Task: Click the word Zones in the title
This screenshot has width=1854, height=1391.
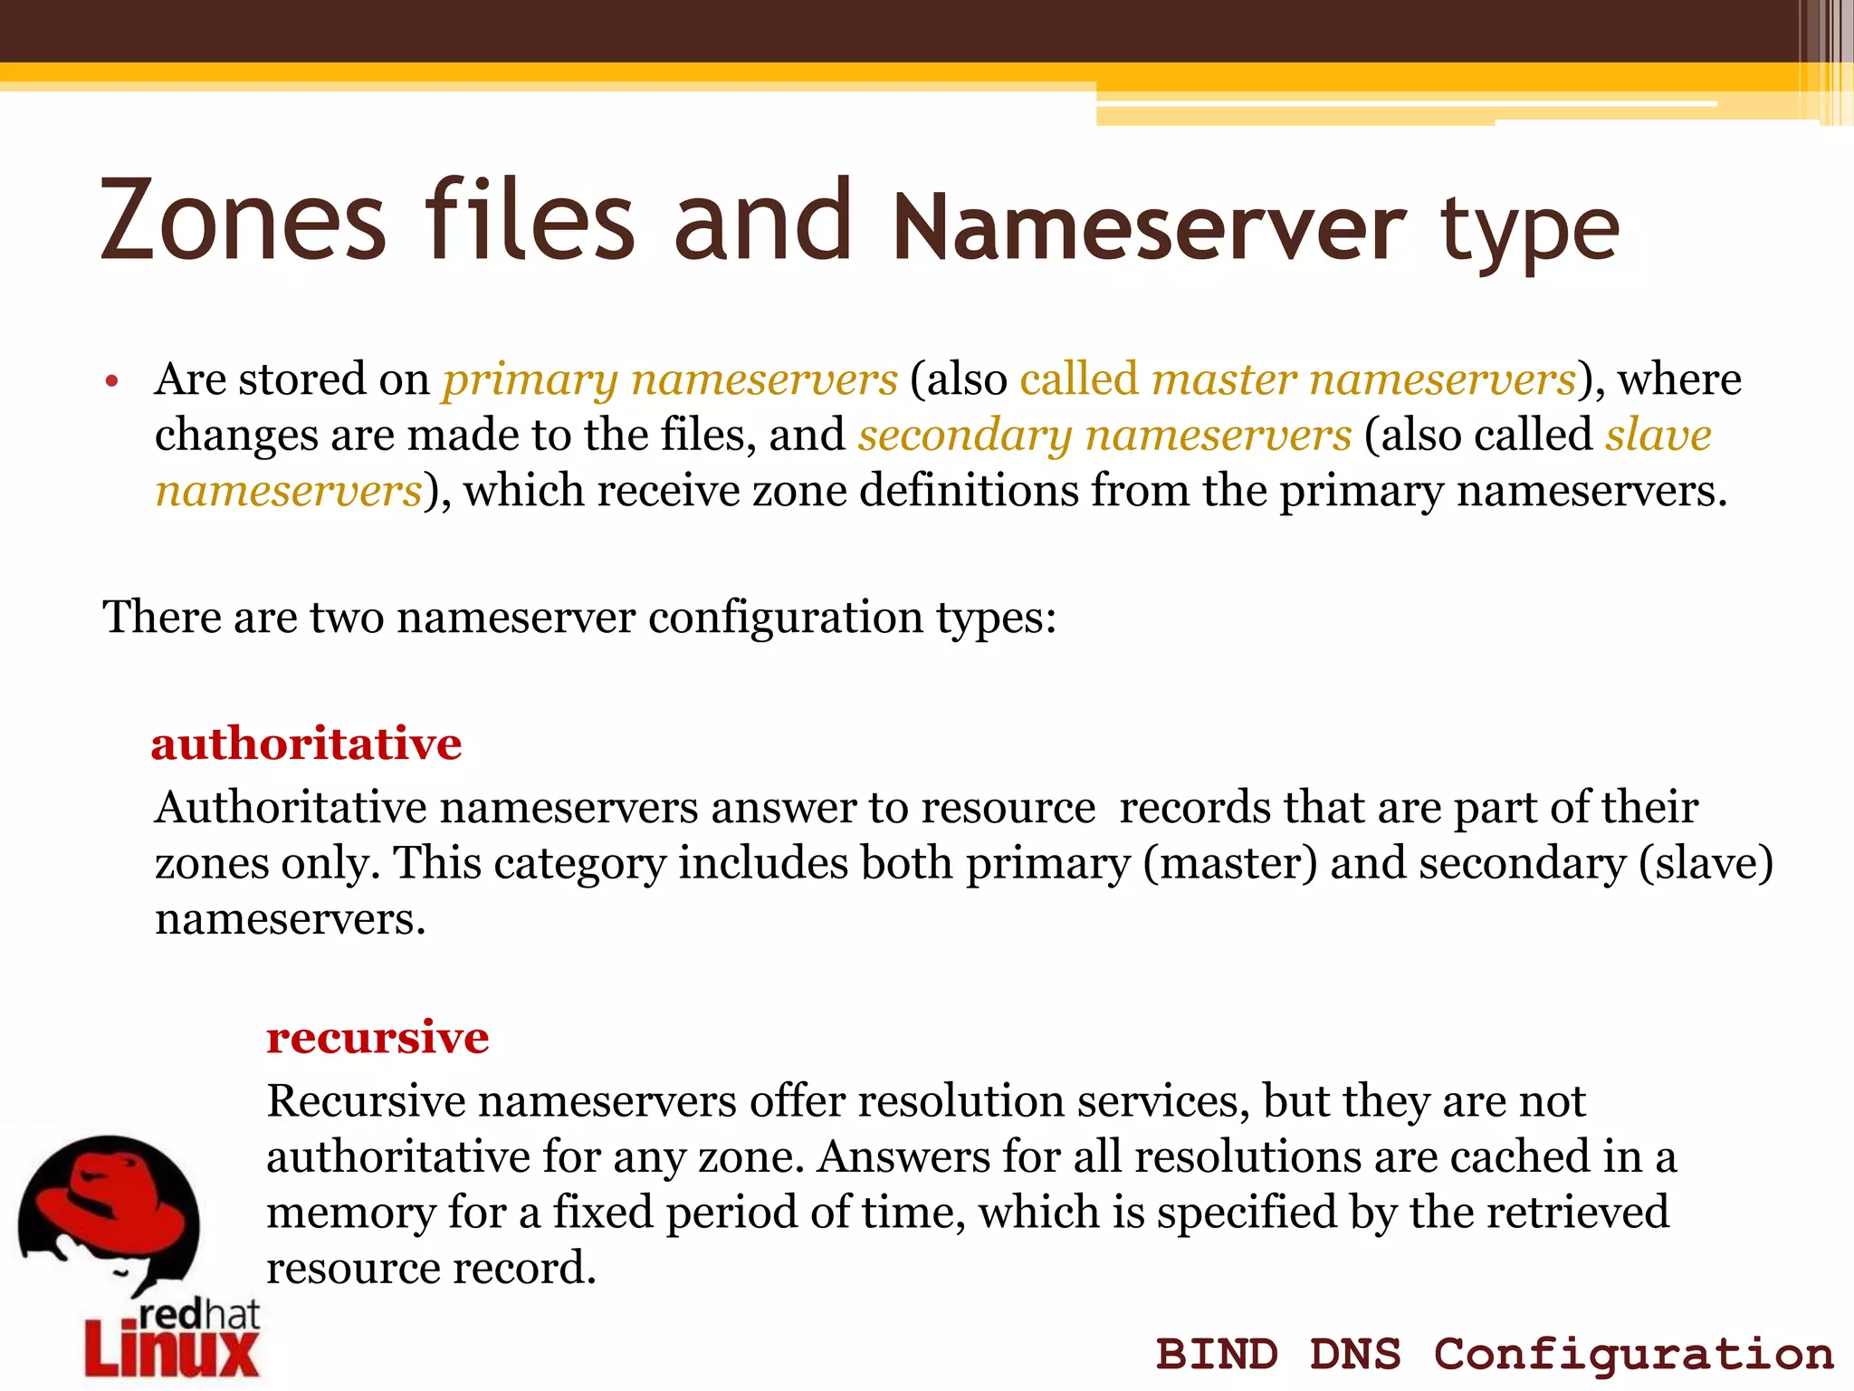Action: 244,222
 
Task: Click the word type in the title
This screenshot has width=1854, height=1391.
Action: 1530,231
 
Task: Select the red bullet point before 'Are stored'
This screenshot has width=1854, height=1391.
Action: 111,381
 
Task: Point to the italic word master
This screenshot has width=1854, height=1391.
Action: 1224,379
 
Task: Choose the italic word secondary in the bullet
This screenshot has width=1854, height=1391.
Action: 965,436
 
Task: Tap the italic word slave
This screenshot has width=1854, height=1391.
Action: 1658,435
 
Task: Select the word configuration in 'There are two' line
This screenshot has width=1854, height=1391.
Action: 786,618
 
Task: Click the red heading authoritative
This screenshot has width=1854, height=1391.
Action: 306,744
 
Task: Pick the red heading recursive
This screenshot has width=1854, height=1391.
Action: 377,1038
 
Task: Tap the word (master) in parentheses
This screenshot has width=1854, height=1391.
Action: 1230,863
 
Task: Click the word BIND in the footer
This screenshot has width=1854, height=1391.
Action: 1217,1355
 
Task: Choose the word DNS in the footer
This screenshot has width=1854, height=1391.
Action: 1355,1355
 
